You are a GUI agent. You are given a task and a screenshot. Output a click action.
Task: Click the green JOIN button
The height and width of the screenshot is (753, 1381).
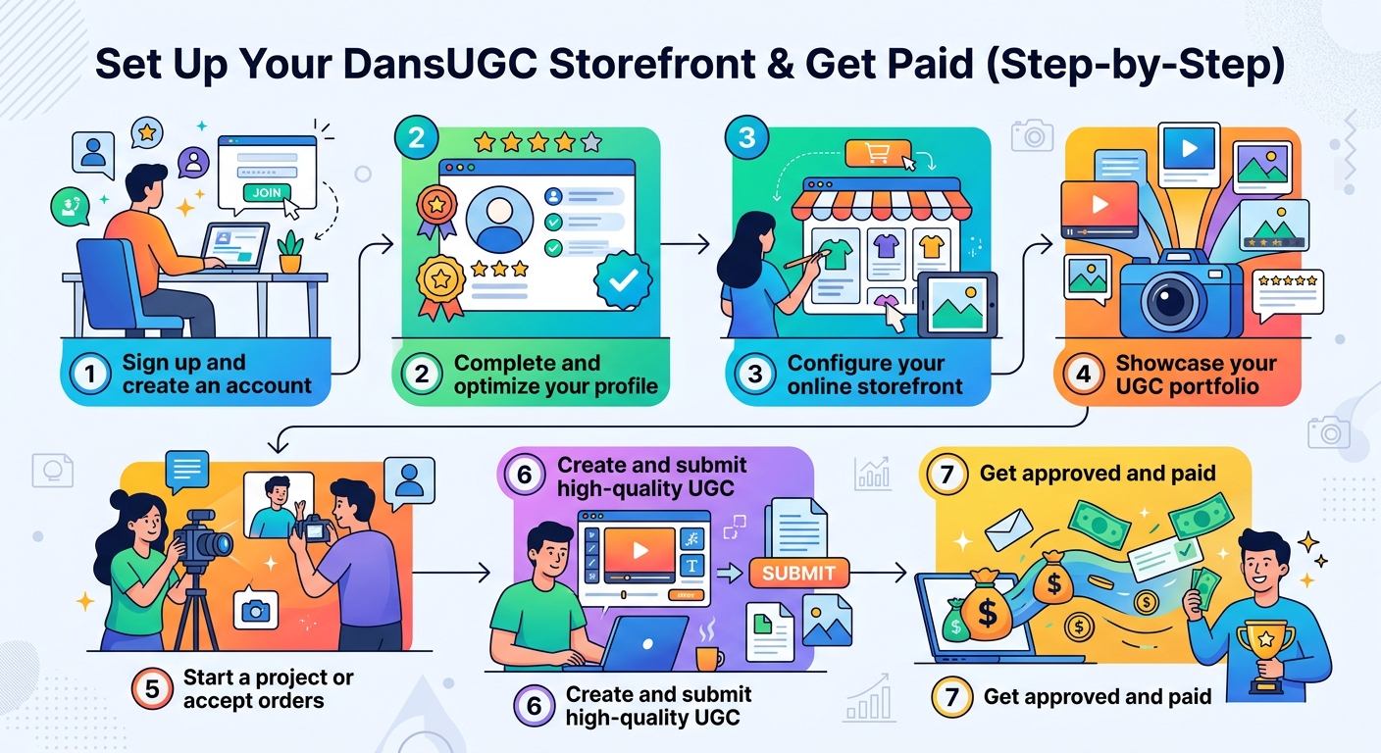[x=266, y=192]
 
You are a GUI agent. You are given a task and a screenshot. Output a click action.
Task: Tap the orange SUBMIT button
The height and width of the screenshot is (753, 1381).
[x=798, y=573]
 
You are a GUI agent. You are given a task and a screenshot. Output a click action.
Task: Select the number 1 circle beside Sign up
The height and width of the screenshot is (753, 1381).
[x=91, y=375]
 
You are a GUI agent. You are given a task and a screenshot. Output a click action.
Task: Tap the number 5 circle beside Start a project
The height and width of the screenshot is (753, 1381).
[x=152, y=688]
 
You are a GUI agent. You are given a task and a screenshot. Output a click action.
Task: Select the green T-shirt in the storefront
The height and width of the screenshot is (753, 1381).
[x=837, y=254]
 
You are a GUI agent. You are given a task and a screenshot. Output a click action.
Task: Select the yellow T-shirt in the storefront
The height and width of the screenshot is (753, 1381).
[x=930, y=245]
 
